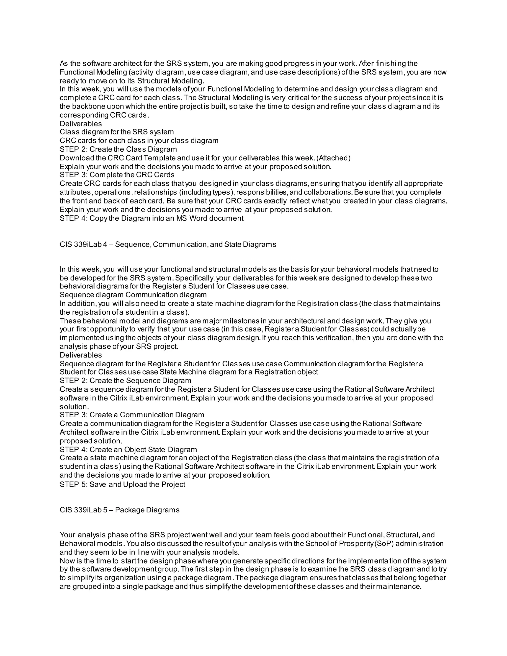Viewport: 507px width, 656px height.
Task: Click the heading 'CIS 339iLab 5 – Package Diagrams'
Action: (x=120, y=510)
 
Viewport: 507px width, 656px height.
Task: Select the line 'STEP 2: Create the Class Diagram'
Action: (x=118, y=149)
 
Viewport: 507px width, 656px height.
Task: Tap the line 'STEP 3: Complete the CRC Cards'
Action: (x=117, y=175)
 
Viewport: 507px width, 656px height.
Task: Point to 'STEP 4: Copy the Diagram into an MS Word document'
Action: (x=152, y=218)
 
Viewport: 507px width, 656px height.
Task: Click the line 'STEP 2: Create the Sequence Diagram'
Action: (x=126, y=380)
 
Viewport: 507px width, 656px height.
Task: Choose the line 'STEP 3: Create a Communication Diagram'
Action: (x=132, y=415)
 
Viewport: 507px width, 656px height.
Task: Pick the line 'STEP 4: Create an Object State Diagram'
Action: (x=128, y=450)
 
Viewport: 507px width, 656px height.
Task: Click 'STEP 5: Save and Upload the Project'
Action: (x=123, y=484)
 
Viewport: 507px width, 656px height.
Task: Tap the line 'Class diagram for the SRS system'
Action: (x=117, y=132)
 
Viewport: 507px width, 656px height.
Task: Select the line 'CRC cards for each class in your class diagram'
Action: (x=139, y=141)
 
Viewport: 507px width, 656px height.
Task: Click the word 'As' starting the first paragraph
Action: (x=64, y=64)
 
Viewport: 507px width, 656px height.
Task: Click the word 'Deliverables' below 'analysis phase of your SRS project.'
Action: (x=81, y=355)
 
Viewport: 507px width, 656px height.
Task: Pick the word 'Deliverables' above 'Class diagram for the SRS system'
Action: (x=81, y=124)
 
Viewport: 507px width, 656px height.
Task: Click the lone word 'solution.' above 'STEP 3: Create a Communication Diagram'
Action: (x=74, y=407)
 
